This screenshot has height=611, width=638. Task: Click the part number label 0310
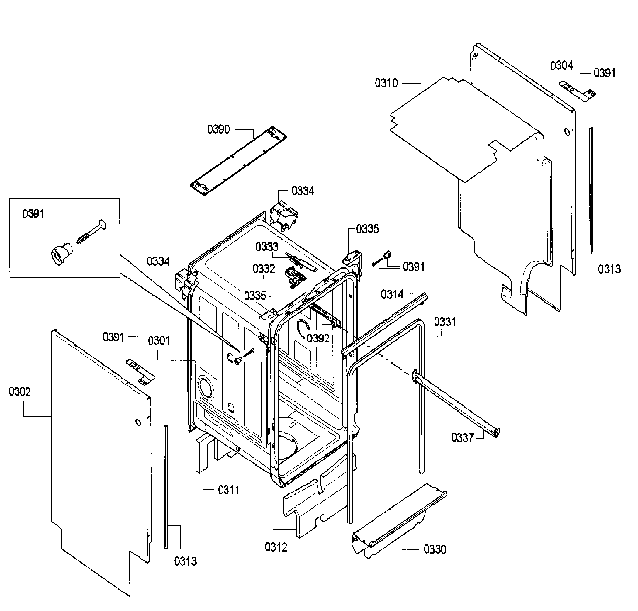click(x=386, y=83)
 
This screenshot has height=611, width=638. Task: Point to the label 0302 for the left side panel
click(x=20, y=392)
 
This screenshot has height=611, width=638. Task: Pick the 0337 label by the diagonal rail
click(x=462, y=438)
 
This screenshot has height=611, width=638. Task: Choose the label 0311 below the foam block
click(x=229, y=490)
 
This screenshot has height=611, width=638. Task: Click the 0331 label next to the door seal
click(x=445, y=322)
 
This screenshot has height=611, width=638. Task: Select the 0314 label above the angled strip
click(x=392, y=294)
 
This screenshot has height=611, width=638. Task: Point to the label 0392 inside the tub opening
click(x=318, y=338)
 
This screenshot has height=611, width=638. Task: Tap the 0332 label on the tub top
click(x=264, y=269)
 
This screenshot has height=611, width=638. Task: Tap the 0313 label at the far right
click(x=609, y=269)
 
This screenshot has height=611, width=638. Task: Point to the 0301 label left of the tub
click(x=159, y=341)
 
